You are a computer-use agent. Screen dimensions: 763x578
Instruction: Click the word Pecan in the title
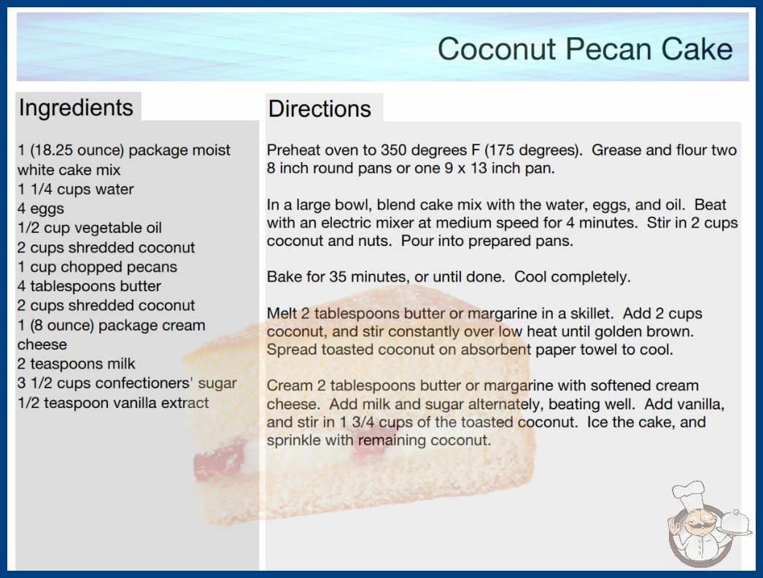click(607, 49)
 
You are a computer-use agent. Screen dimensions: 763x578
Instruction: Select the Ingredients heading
click(76, 108)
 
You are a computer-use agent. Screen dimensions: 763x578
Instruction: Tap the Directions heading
click(319, 109)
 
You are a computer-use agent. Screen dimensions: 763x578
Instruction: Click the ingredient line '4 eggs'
click(41, 209)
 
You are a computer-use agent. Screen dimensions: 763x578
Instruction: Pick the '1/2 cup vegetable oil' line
click(90, 228)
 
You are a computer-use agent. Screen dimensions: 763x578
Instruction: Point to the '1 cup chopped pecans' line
click(97, 267)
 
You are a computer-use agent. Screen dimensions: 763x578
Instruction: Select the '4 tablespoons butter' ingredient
click(89, 286)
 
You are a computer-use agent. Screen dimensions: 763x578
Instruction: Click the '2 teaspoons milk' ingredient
click(77, 363)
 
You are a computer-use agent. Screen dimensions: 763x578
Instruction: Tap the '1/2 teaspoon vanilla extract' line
click(113, 403)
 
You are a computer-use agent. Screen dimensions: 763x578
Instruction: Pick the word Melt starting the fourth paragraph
click(282, 313)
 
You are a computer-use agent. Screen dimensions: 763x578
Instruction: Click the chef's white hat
click(688, 493)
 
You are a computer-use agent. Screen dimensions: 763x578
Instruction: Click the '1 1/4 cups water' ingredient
click(75, 189)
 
